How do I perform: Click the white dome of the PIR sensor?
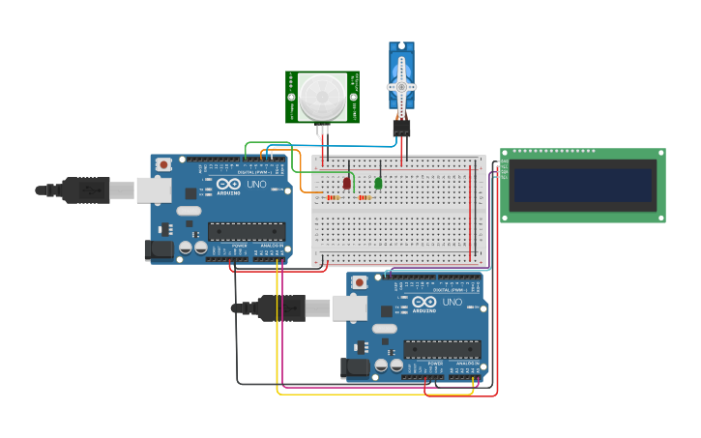pyautogui.click(x=321, y=97)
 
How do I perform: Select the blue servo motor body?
pyautogui.click(x=401, y=70)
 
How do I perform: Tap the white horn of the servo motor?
pyautogui.click(x=401, y=87)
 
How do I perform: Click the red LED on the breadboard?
pyautogui.click(x=347, y=182)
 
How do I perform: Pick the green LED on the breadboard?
pyautogui.click(x=378, y=182)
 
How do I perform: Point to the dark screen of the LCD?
pyautogui.click(x=582, y=185)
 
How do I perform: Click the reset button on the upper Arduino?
pyautogui.click(x=163, y=164)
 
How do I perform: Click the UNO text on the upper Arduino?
pyautogui.click(x=256, y=184)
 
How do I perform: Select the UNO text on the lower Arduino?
pyautogui.click(x=452, y=302)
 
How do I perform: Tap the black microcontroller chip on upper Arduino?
pyautogui.click(x=247, y=231)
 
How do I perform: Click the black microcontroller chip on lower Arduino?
pyautogui.click(x=442, y=349)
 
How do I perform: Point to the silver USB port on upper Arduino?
pyautogui.click(x=153, y=190)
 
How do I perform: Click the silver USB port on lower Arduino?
pyautogui.click(x=349, y=308)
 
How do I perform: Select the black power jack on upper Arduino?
pyautogui.click(x=159, y=249)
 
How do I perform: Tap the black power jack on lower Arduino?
pyautogui.click(x=355, y=367)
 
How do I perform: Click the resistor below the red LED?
pyautogui.click(x=333, y=197)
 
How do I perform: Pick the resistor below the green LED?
pyautogui.click(x=365, y=197)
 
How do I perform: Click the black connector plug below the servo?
pyautogui.click(x=401, y=127)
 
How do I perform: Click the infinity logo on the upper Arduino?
pyautogui.click(x=229, y=184)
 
